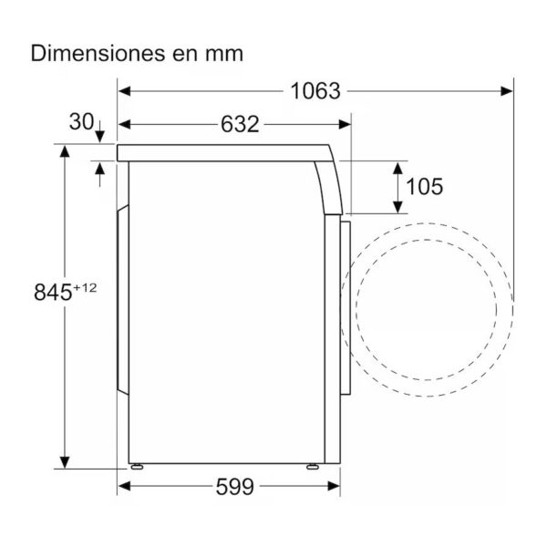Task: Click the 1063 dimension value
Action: (x=315, y=91)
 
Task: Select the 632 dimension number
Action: (x=240, y=124)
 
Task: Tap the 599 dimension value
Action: (x=235, y=487)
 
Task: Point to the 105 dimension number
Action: (x=425, y=186)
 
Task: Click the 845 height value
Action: (x=53, y=292)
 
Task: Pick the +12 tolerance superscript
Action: (x=85, y=288)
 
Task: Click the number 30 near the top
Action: (x=82, y=122)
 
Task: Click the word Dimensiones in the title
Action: (x=98, y=54)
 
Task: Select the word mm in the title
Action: (x=224, y=56)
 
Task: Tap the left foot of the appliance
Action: (x=137, y=467)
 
